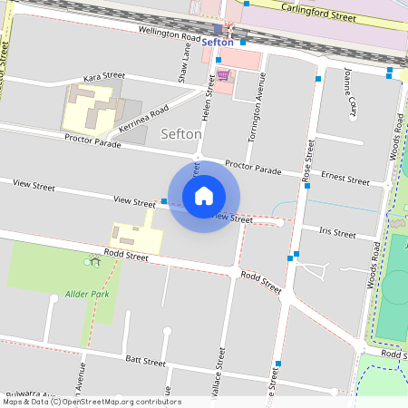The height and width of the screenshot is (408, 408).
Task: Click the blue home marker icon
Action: [204, 195]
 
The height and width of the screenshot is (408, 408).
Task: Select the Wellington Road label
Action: [170, 35]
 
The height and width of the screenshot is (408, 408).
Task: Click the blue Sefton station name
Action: [218, 42]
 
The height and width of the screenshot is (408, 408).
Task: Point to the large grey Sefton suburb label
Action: [180, 134]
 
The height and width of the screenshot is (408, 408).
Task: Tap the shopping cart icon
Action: [222, 75]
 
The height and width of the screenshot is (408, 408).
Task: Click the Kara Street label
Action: [102, 78]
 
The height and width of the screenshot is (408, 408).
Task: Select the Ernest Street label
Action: [345, 178]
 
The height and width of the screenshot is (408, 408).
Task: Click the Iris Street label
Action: [337, 232]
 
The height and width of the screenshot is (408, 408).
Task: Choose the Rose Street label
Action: [307, 160]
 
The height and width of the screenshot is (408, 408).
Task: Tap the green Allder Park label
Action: [87, 294]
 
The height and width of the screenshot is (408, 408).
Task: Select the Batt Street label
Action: [145, 361]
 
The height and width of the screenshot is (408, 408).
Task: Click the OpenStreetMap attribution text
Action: [91, 402]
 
